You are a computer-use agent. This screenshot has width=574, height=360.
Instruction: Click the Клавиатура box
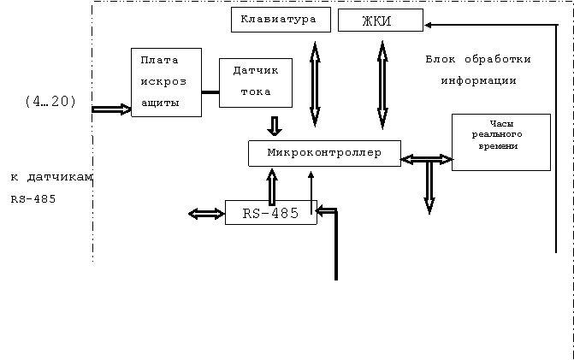281,20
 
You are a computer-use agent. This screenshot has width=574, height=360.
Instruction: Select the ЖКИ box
381,21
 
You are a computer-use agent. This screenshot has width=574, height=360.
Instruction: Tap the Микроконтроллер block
324,153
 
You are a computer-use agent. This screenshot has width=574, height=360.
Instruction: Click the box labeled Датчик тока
256,83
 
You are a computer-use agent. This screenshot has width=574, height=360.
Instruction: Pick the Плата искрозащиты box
166,82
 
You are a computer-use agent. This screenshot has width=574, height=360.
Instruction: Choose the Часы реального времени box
500,142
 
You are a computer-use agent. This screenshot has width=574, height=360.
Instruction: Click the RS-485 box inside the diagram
270,213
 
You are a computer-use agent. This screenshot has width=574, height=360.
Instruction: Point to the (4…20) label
50,102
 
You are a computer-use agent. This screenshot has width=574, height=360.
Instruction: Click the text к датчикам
51,177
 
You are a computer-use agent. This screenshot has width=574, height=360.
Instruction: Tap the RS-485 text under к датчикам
33,199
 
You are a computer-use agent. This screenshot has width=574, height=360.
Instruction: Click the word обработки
498,59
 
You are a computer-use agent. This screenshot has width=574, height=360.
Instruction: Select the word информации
478,80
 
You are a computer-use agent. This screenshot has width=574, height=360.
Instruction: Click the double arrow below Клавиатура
315,84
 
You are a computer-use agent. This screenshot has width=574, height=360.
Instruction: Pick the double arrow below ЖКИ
382,85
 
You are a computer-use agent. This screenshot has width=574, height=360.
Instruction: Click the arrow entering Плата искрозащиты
111,109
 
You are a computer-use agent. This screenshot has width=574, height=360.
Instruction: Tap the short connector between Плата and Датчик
210,92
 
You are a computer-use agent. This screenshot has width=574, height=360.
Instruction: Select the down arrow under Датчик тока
275,127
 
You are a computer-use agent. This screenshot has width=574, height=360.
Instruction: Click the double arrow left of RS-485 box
206,214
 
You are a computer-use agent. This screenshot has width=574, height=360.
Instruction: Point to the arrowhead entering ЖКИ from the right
428,25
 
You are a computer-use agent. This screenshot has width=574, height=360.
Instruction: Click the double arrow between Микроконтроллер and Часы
427,160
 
